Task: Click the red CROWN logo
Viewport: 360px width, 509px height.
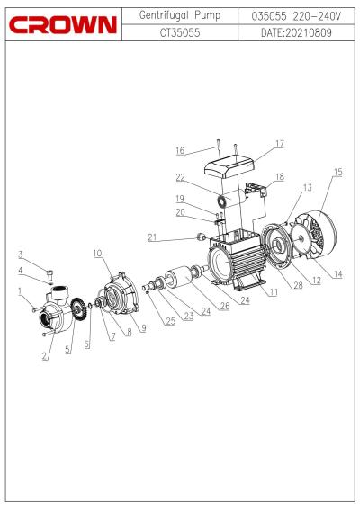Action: coord(63,25)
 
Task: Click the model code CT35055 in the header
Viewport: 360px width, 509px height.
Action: coord(180,32)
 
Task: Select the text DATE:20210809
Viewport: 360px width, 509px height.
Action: coord(296,32)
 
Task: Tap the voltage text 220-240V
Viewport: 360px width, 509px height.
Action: coord(317,16)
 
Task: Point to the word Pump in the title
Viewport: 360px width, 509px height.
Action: coord(208,15)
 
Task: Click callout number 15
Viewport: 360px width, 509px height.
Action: coord(337,172)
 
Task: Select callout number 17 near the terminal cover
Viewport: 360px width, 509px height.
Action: coord(280,144)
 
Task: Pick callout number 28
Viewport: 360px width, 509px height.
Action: coord(298,285)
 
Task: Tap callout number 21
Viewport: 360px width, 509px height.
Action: coord(152,237)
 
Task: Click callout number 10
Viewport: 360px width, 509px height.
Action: coord(97,254)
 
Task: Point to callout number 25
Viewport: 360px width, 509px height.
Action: coord(171,321)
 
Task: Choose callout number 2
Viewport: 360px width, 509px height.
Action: coord(44,356)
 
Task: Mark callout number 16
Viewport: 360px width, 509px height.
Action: coord(180,150)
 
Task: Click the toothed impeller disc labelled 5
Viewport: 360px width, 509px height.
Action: coord(77,308)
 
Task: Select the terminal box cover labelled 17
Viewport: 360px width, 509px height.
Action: coord(229,165)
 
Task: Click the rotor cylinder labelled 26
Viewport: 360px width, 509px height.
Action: coord(179,277)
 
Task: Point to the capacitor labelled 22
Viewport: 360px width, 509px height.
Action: coord(232,198)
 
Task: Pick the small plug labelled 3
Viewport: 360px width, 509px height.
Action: coord(50,274)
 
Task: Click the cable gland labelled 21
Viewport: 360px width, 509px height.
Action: coord(201,236)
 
